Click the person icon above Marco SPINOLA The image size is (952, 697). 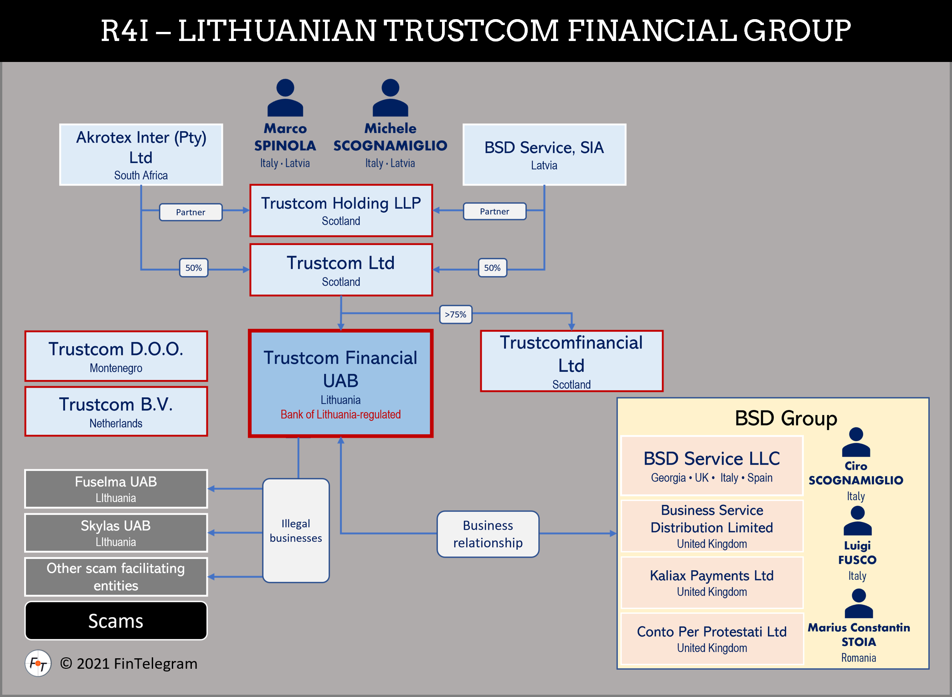[285, 97]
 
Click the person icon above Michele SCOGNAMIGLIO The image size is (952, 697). [390, 97]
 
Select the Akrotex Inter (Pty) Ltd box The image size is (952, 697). [141, 154]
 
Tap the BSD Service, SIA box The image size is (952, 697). [544, 154]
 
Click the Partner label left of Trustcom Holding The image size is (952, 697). [190, 212]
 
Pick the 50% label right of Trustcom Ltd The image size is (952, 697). [492, 268]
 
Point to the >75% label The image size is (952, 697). [455, 314]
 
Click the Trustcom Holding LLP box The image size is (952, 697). [341, 210]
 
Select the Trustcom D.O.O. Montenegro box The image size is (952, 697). [116, 356]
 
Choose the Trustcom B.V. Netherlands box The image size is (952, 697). [116, 411]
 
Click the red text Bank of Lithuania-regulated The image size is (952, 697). [340, 415]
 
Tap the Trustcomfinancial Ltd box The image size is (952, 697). [571, 361]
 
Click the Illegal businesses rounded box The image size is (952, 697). [296, 531]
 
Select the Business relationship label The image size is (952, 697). [488, 534]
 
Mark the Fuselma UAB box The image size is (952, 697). [116, 489]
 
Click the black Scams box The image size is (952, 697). [116, 621]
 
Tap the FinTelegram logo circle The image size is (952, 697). [38, 664]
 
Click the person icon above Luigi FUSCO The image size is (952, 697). [857, 521]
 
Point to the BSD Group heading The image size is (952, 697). [786, 418]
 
